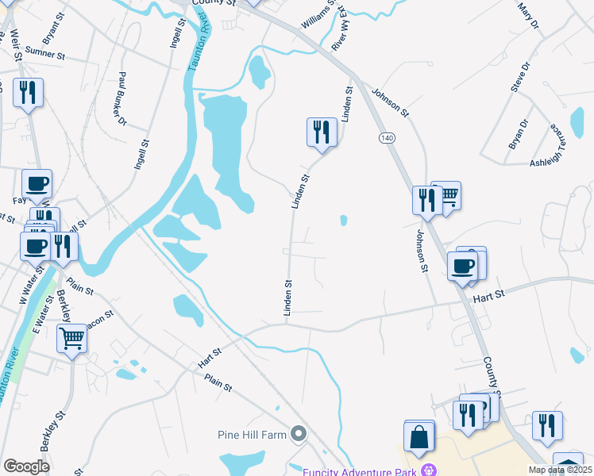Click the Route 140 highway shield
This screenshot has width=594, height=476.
pyautogui.click(x=387, y=138)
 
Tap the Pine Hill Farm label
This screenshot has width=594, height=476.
pyautogui.click(x=251, y=434)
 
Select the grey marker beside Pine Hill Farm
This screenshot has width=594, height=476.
pyautogui.click(x=299, y=433)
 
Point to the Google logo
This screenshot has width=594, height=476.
pyautogui.click(x=26, y=466)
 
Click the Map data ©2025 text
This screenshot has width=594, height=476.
pyautogui.click(x=560, y=470)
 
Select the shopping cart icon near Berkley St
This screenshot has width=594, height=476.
pyautogui.click(x=71, y=339)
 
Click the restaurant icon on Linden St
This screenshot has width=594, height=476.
pyautogui.click(x=322, y=132)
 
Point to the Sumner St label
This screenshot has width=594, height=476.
pyautogui.click(x=44, y=53)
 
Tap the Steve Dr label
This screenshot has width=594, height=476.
pyautogui.click(x=520, y=78)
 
